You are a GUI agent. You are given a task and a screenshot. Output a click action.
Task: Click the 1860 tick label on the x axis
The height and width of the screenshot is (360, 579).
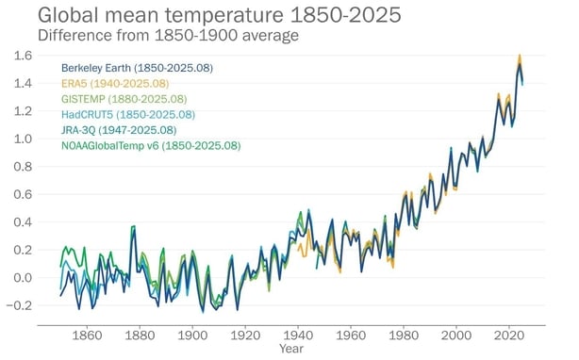click(x=86, y=335)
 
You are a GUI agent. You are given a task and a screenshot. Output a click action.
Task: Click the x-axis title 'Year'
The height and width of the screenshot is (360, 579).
click(x=290, y=350)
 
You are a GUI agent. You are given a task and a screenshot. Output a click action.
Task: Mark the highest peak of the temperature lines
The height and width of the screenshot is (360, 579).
click(x=520, y=56)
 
